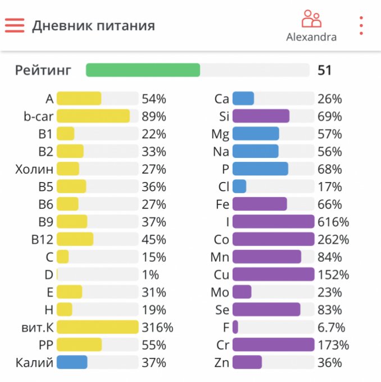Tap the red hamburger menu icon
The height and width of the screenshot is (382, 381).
(x=15, y=25)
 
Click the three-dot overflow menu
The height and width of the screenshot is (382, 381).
(x=361, y=26)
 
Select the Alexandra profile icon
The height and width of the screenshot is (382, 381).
(x=311, y=19)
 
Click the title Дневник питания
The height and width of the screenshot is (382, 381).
(x=93, y=26)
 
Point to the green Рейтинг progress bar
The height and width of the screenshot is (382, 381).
(x=143, y=70)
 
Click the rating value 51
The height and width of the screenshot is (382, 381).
(x=324, y=70)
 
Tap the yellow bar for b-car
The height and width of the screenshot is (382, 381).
(x=93, y=116)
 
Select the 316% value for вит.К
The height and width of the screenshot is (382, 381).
(x=157, y=328)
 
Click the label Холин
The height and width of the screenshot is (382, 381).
(x=34, y=169)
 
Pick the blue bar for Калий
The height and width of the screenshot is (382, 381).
(x=72, y=362)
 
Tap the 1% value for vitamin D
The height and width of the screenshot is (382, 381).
(x=150, y=275)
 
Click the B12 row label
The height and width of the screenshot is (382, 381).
(x=42, y=240)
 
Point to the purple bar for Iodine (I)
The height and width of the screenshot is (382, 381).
(x=273, y=222)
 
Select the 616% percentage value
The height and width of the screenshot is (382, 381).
(x=333, y=222)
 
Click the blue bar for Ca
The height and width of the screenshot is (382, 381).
(x=243, y=99)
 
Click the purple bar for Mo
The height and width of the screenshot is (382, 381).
(x=242, y=292)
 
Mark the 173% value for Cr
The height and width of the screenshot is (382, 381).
(x=333, y=345)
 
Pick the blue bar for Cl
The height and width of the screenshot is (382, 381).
(x=239, y=187)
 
